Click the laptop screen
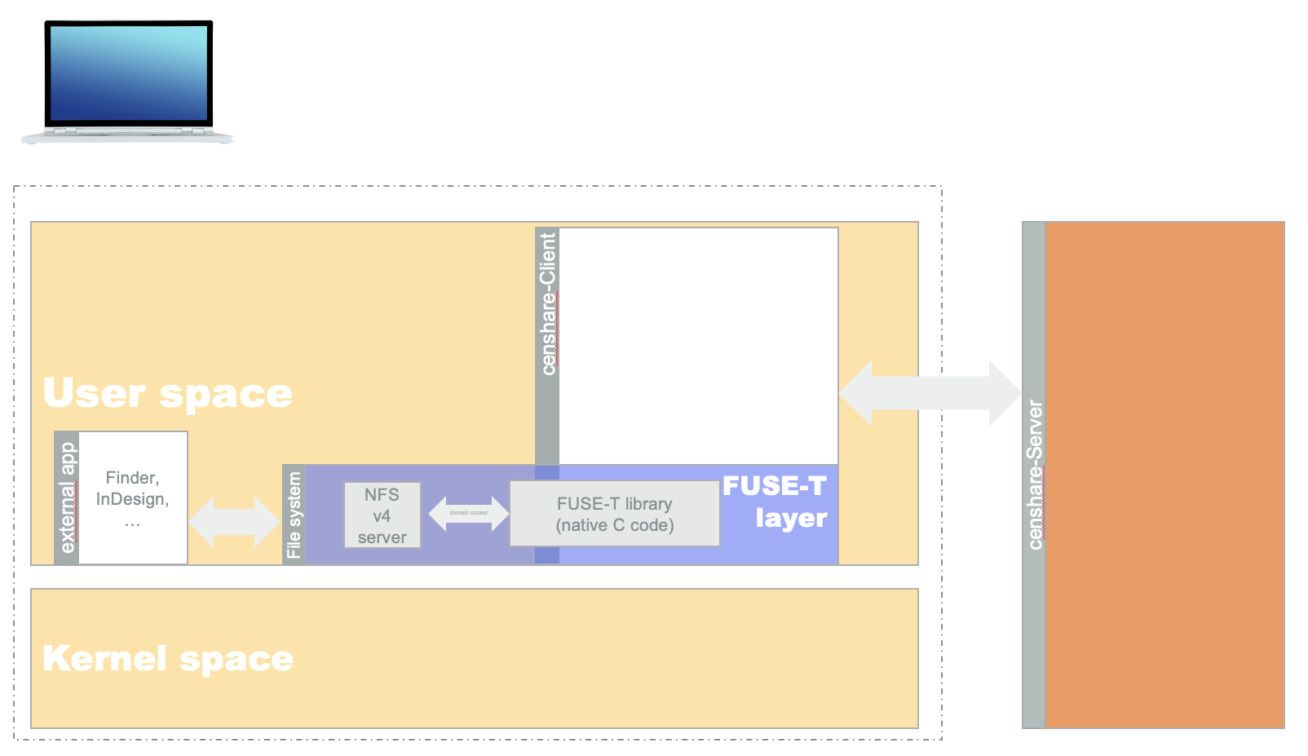pos(129,73)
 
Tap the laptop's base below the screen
pos(127,135)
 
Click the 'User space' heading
pos(167,393)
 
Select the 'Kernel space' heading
pos(167,658)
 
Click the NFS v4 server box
pos(382,515)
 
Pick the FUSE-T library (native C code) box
pos(614,514)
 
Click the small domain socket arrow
pos(468,513)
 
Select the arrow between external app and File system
pos(234,521)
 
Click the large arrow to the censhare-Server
pos(930,393)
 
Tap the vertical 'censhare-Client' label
pos(548,304)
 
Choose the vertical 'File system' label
pos(294,515)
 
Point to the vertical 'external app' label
pos(68,497)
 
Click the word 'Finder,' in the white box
pos(132,478)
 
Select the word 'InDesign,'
pos(132,499)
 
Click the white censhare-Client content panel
pos(698,346)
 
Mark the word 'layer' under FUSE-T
pos(791,519)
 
